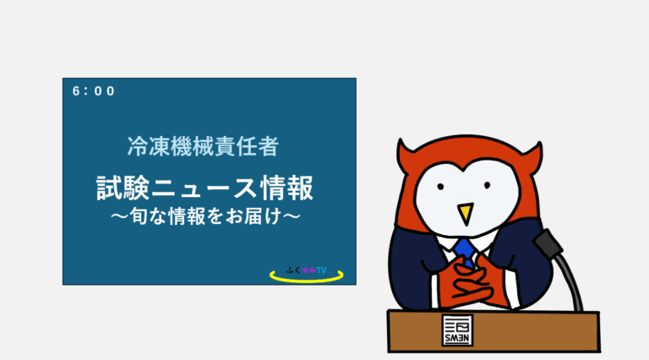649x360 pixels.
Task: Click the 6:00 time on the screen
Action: (x=93, y=91)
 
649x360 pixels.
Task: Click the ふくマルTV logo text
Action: (x=306, y=270)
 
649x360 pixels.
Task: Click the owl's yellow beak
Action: (x=464, y=212)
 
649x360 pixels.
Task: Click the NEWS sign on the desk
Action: (x=458, y=330)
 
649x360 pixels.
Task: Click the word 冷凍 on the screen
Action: (x=142, y=146)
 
